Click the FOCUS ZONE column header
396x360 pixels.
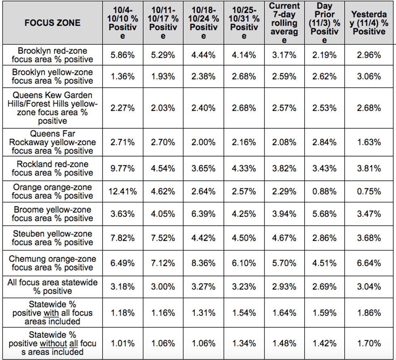[53, 23]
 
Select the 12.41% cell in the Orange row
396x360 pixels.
[122, 191]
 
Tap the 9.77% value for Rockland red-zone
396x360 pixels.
[122, 168]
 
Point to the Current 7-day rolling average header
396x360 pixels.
[284, 23]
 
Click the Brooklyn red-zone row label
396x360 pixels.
[53, 55]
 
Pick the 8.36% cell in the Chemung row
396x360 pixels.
[203, 263]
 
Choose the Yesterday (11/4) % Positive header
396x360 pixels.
[369, 23]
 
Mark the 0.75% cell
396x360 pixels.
[369, 191]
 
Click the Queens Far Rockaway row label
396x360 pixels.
[53, 142]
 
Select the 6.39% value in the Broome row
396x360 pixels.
[203, 214]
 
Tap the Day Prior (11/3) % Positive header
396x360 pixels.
[324, 23]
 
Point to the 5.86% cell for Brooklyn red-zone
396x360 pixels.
[122, 55]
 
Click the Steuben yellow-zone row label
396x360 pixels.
[53, 238]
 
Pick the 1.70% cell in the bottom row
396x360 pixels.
[369, 343]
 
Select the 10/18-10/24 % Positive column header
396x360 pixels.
[203, 23]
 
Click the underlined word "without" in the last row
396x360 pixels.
[53, 343]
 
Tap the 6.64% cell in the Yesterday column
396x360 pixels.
[369, 263]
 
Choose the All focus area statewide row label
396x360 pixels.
[53, 287]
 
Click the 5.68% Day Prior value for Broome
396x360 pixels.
[324, 214]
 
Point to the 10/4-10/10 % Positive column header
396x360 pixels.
[122, 23]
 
